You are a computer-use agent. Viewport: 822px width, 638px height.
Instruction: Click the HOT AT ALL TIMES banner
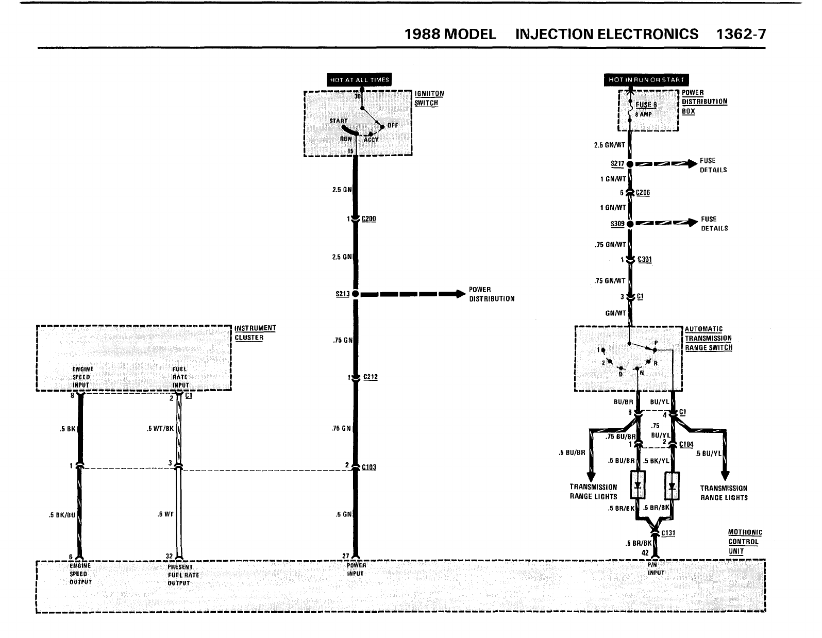click(360, 80)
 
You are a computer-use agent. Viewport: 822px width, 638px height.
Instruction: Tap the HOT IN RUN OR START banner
click(646, 80)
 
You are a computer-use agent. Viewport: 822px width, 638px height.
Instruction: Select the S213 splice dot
click(355, 294)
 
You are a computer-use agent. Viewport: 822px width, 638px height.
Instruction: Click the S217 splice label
click(617, 164)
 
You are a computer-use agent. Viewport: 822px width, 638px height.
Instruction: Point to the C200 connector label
click(368, 219)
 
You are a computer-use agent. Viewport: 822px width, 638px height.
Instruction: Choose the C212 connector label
click(370, 377)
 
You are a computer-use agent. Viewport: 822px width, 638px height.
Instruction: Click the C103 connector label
click(368, 467)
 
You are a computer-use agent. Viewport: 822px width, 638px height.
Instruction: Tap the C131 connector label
click(668, 533)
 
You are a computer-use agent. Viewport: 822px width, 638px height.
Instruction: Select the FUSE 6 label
click(646, 105)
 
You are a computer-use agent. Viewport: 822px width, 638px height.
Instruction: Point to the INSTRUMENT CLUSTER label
click(255, 333)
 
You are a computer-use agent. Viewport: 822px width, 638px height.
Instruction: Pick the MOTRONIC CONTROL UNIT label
click(745, 542)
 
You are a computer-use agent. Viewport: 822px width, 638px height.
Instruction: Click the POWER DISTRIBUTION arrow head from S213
click(458, 294)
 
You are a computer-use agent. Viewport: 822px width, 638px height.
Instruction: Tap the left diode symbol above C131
click(638, 485)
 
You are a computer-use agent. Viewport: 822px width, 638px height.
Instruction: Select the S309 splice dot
click(630, 224)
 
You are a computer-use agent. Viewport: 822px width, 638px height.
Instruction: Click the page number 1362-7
click(741, 34)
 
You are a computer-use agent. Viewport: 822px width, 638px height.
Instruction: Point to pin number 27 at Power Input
click(346, 556)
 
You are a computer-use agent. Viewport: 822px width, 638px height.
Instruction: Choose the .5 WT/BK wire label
click(160, 428)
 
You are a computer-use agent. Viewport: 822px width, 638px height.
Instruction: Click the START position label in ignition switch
click(339, 121)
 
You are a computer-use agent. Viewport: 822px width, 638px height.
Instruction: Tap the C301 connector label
click(644, 260)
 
